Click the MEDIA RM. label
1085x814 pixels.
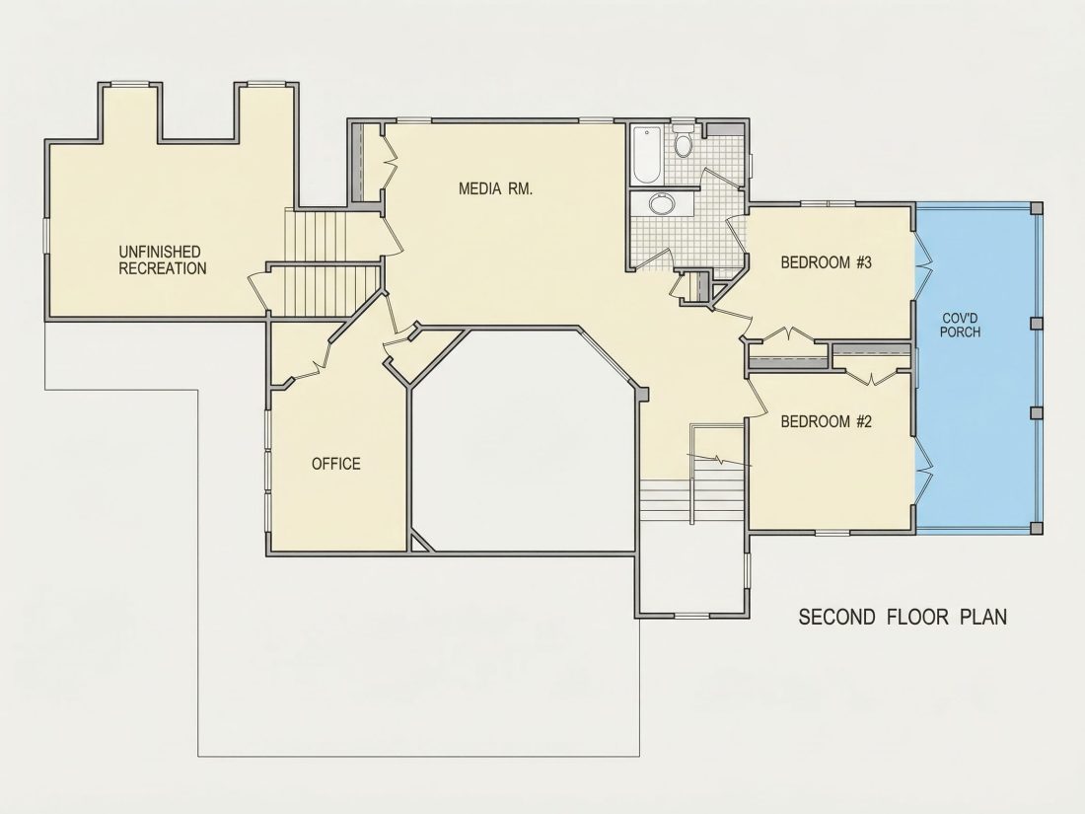495,188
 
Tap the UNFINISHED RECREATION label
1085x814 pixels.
163,260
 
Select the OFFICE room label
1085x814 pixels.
335,464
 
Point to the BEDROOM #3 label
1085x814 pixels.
827,262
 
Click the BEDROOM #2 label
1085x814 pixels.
827,421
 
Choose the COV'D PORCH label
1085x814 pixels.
961,326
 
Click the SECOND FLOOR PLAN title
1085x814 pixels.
903,617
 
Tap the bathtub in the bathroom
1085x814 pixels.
647,154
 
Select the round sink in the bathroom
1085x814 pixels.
662,203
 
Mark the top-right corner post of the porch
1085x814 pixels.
1036,207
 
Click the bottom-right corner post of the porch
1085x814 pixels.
1036,528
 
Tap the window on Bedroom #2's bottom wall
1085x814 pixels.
832,532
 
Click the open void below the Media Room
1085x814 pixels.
524,443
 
